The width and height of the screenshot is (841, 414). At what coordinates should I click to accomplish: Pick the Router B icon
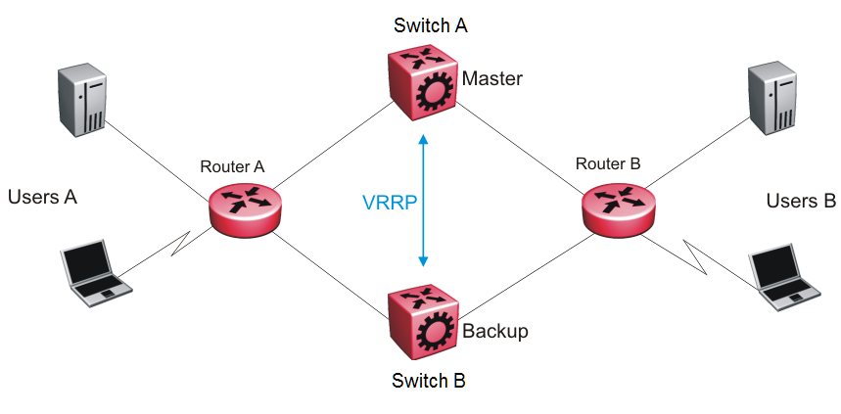(x=617, y=206)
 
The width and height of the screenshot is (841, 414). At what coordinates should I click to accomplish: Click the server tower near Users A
(x=82, y=99)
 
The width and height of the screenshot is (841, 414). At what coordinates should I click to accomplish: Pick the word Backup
(x=495, y=331)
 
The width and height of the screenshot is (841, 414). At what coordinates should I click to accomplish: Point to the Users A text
(x=42, y=198)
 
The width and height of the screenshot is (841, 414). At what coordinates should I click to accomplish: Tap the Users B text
(x=801, y=202)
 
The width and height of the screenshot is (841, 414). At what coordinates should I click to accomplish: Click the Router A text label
(x=232, y=166)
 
